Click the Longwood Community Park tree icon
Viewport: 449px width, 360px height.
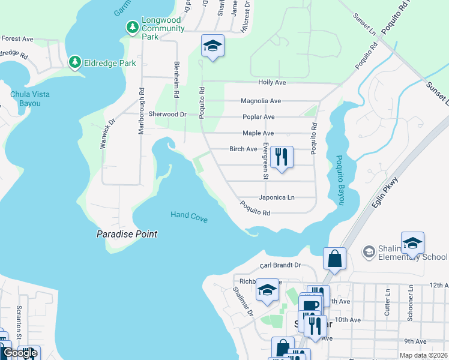[132, 28]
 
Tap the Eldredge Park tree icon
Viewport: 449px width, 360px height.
[74, 62]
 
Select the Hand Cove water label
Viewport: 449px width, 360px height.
[189, 217]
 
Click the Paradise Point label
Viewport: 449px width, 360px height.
[127, 234]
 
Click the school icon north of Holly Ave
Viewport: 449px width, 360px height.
[212, 46]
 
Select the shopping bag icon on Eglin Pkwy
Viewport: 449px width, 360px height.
[335, 259]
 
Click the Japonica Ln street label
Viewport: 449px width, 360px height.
[276, 197]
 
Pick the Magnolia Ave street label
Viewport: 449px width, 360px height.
[261, 101]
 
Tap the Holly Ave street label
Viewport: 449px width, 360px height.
[271, 82]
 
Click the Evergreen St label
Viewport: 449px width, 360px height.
[265, 161]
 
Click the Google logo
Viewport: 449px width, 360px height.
[20, 353]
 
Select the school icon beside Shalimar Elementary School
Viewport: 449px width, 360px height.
[412, 243]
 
